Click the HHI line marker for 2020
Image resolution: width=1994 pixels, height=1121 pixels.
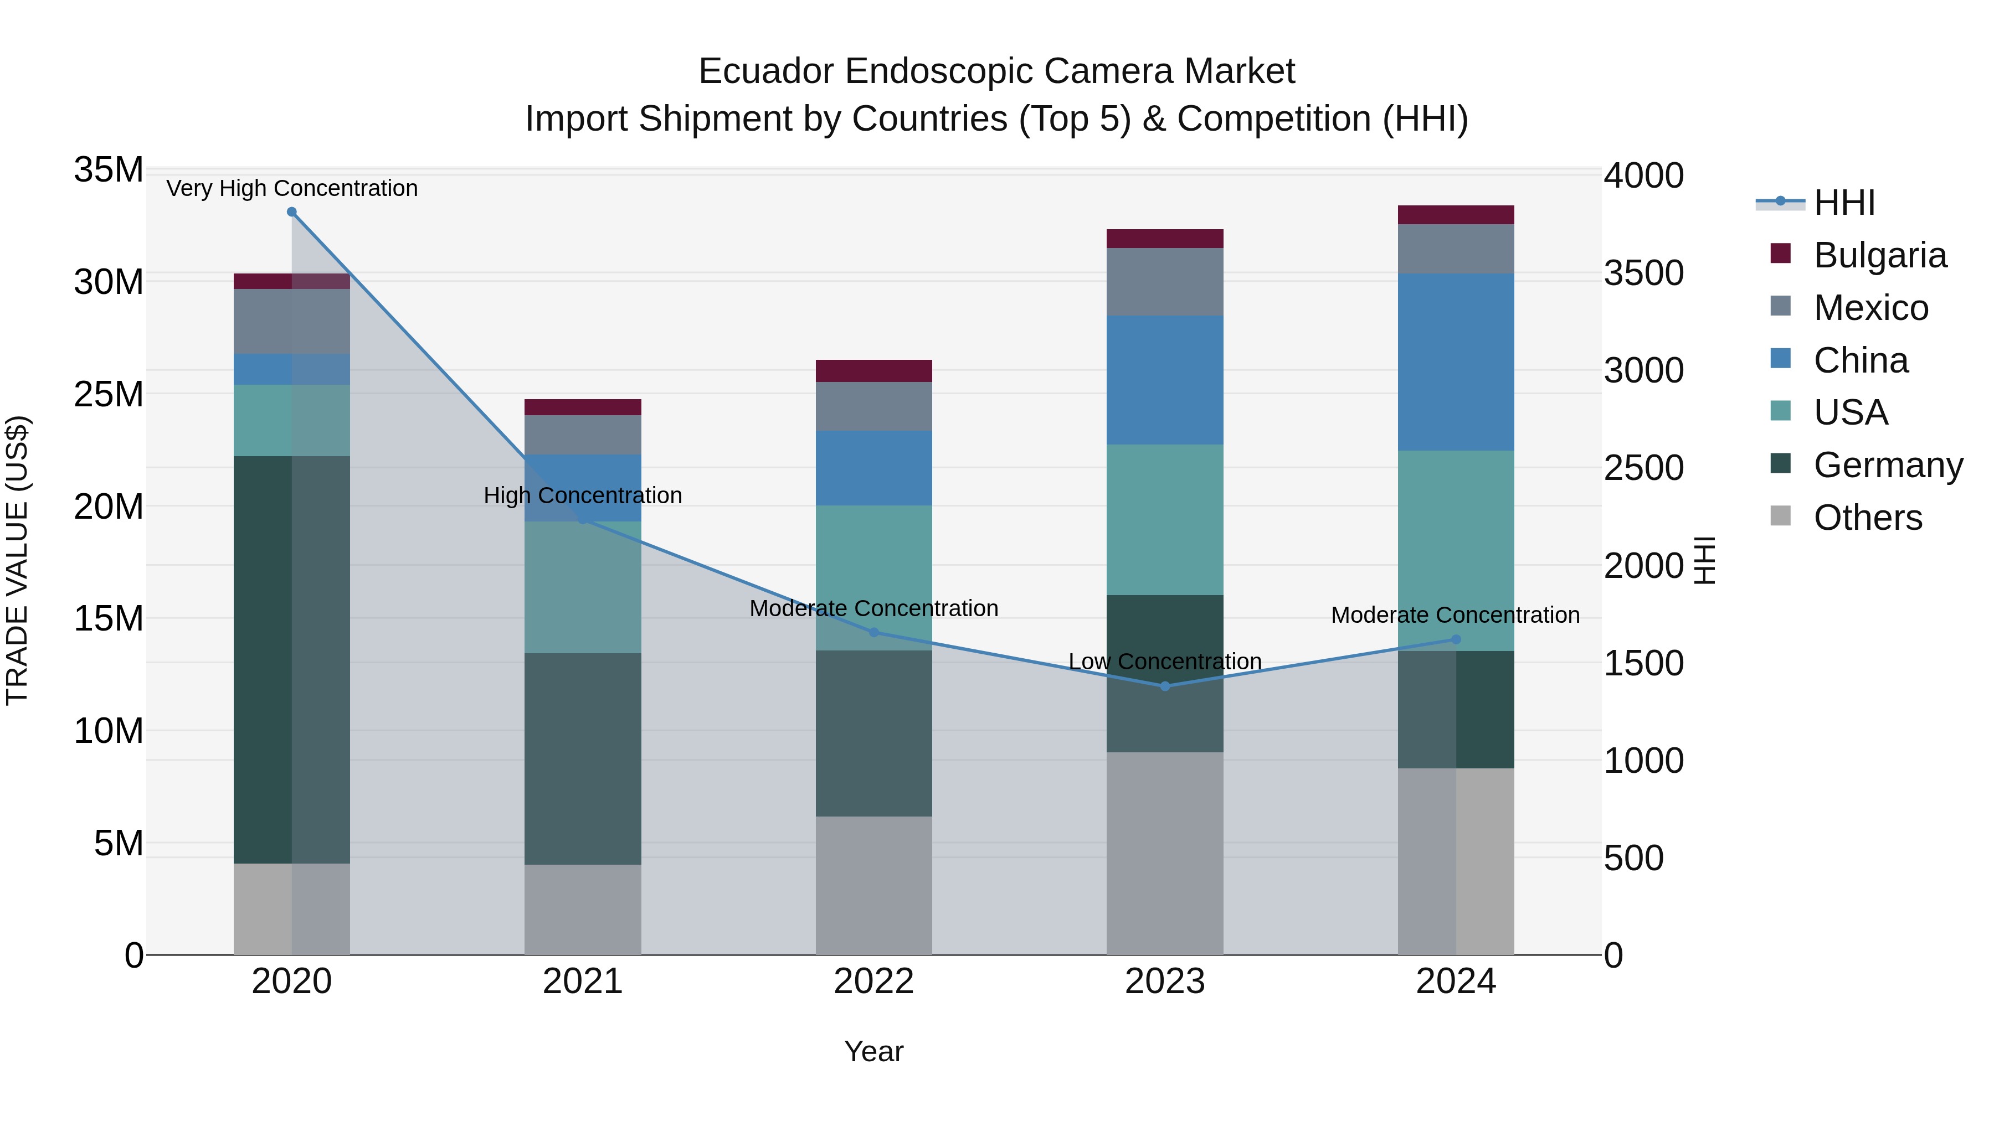[292, 212]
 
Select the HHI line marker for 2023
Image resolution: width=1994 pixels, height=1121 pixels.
[1165, 686]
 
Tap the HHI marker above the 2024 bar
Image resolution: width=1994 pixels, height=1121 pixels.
[1456, 640]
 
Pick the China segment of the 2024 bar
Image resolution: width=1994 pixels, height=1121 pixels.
[1456, 362]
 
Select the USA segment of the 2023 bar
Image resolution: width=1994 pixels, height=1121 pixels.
[1165, 519]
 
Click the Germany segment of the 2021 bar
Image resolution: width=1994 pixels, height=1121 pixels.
[583, 758]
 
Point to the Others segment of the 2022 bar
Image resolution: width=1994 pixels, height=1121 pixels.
[874, 885]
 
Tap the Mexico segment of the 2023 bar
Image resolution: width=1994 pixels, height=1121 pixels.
[1165, 282]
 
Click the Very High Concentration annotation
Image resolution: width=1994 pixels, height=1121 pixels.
[292, 188]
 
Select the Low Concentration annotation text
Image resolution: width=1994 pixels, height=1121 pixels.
[1165, 662]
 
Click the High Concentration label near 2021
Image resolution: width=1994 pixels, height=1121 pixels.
[583, 495]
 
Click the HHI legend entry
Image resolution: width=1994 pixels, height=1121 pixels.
[1844, 203]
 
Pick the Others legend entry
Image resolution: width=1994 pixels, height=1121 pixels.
[1867, 518]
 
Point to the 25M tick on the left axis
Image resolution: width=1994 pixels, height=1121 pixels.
[109, 395]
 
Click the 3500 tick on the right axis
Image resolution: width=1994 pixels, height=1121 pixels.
[1643, 273]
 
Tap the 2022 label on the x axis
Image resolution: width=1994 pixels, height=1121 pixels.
[874, 981]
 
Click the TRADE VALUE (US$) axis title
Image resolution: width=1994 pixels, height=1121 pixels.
[17, 560]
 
